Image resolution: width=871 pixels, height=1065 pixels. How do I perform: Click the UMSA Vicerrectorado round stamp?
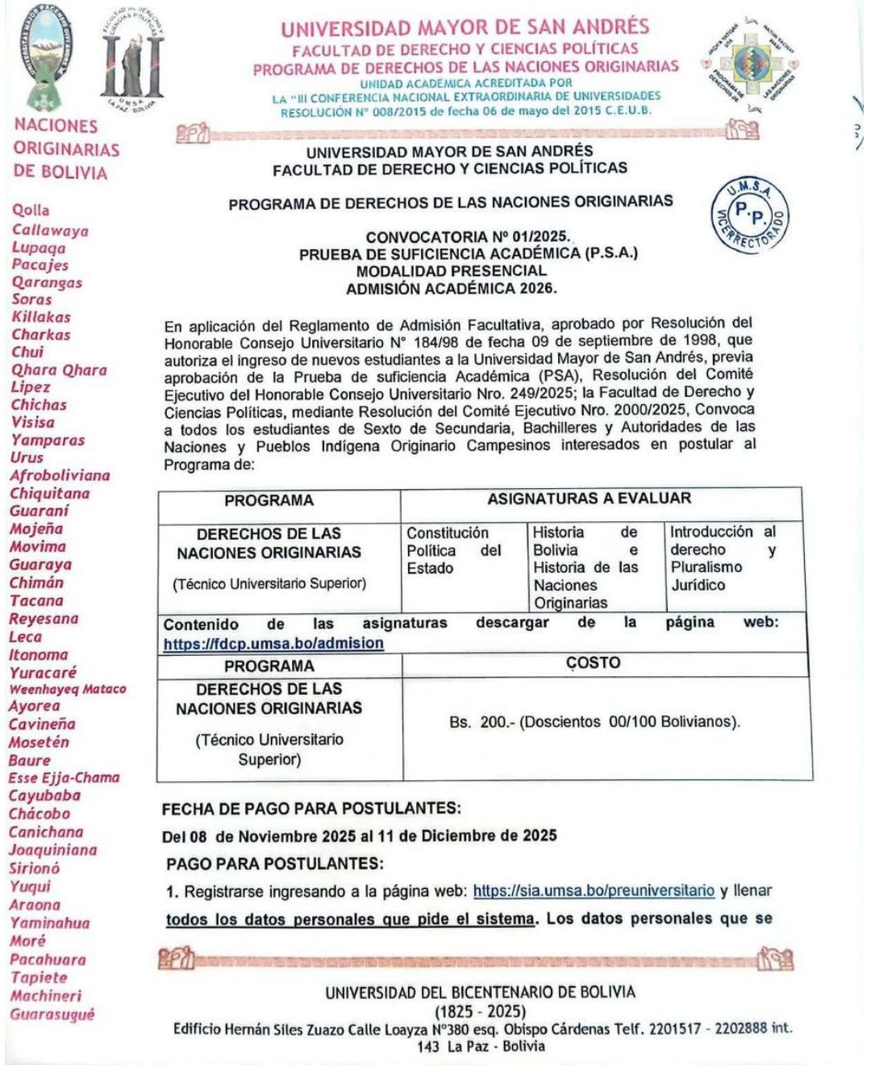coord(751,215)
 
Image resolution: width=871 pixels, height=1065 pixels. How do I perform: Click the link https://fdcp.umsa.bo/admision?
coord(273,643)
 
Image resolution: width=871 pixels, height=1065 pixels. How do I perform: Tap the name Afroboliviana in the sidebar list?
coord(60,475)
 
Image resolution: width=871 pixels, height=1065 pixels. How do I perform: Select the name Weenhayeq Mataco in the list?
coord(68,689)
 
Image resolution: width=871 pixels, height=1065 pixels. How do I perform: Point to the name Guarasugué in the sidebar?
coord(52,1014)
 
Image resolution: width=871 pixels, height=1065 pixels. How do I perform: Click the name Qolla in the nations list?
coord(31,210)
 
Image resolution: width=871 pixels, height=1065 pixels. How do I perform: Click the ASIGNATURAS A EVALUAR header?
coord(589,499)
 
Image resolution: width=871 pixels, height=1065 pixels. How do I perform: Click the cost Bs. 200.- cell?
coord(594,722)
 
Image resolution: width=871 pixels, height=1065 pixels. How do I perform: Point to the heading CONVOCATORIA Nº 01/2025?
coord(467,237)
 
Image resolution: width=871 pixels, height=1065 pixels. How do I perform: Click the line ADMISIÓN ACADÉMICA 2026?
coord(451,288)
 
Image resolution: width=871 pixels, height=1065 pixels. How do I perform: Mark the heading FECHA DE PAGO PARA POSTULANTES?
coord(311,808)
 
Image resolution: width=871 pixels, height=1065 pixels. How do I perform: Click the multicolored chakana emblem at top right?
coord(750,64)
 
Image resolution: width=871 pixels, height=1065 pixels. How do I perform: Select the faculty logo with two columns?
coord(133,59)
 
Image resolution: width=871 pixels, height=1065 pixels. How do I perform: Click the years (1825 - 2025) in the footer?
coord(480,1011)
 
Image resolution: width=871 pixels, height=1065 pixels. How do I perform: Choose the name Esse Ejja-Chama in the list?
coord(64,778)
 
